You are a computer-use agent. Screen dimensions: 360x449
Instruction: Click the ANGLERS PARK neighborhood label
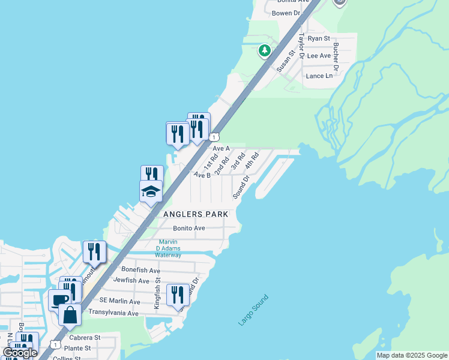click(195, 214)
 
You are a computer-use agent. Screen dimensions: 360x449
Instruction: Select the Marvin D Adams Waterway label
click(168, 248)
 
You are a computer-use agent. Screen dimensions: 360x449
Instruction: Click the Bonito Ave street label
click(189, 228)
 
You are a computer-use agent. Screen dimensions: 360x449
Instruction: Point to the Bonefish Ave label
click(139, 270)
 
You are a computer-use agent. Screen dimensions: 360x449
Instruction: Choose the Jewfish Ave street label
click(131, 280)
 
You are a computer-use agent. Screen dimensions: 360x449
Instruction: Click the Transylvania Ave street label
click(113, 313)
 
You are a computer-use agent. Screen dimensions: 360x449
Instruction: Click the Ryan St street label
click(319, 38)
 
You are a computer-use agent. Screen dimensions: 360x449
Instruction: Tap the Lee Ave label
click(319, 56)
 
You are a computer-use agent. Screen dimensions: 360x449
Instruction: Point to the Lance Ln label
click(319, 76)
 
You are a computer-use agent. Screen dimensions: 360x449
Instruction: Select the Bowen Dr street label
click(286, 13)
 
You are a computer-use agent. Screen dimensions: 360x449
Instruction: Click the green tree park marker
click(264, 50)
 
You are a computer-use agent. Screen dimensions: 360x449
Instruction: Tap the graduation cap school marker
click(151, 192)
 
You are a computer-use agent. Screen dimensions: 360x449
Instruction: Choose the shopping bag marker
click(70, 315)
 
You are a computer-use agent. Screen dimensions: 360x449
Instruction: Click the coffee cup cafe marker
click(59, 300)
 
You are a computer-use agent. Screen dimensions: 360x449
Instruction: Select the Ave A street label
click(221, 148)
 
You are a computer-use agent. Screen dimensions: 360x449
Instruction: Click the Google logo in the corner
click(20, 353)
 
